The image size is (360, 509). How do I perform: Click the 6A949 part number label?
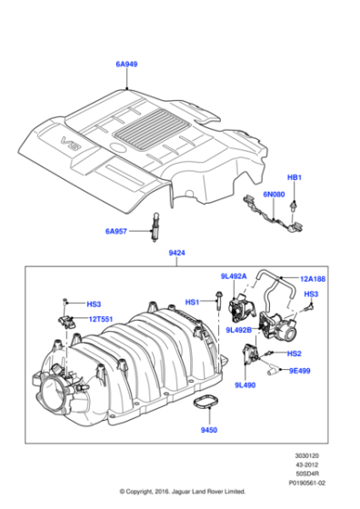(125, 65)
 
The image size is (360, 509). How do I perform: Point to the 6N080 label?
(274, 195)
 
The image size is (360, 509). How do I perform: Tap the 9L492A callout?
(234, 276)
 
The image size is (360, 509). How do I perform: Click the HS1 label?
(193, 302)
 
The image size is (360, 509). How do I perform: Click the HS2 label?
(295, 353)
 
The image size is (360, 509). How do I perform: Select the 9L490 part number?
(245, 385)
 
